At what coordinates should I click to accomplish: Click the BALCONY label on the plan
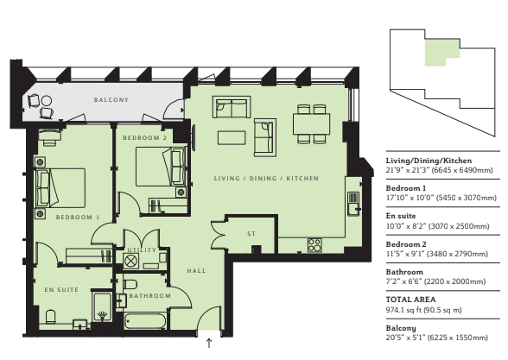[x=111, y=100]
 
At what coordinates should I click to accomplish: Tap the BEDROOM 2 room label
[x=144, y=138]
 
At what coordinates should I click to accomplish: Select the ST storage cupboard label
[x=251, y=233]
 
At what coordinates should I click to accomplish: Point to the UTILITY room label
[x=142, y=250]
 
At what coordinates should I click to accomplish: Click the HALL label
[x=196, y=271]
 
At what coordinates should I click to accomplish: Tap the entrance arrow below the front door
[x=209, y=344]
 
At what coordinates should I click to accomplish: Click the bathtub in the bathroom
[x=145, y=321]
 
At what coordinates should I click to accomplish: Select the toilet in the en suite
[x=50, y=317]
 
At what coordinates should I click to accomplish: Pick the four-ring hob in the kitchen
[x=314, y=245]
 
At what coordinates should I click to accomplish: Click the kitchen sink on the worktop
[x=353, y=204]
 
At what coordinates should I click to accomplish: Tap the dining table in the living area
[x=311, y=123]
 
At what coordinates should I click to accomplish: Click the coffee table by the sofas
[x=232, y=137]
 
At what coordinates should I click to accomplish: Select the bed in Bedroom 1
[x=60, y=188]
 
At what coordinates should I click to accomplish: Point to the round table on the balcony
[x=47, y=101]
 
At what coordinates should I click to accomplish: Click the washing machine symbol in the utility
[x=130, y=261]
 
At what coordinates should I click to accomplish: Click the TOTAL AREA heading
[x=411, y=300]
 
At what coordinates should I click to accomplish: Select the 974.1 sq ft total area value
[x=423, y=310]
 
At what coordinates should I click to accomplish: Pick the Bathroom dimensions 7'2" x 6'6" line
[x=435, y=281]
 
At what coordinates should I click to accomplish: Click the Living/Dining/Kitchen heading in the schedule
[x=429, y=161]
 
